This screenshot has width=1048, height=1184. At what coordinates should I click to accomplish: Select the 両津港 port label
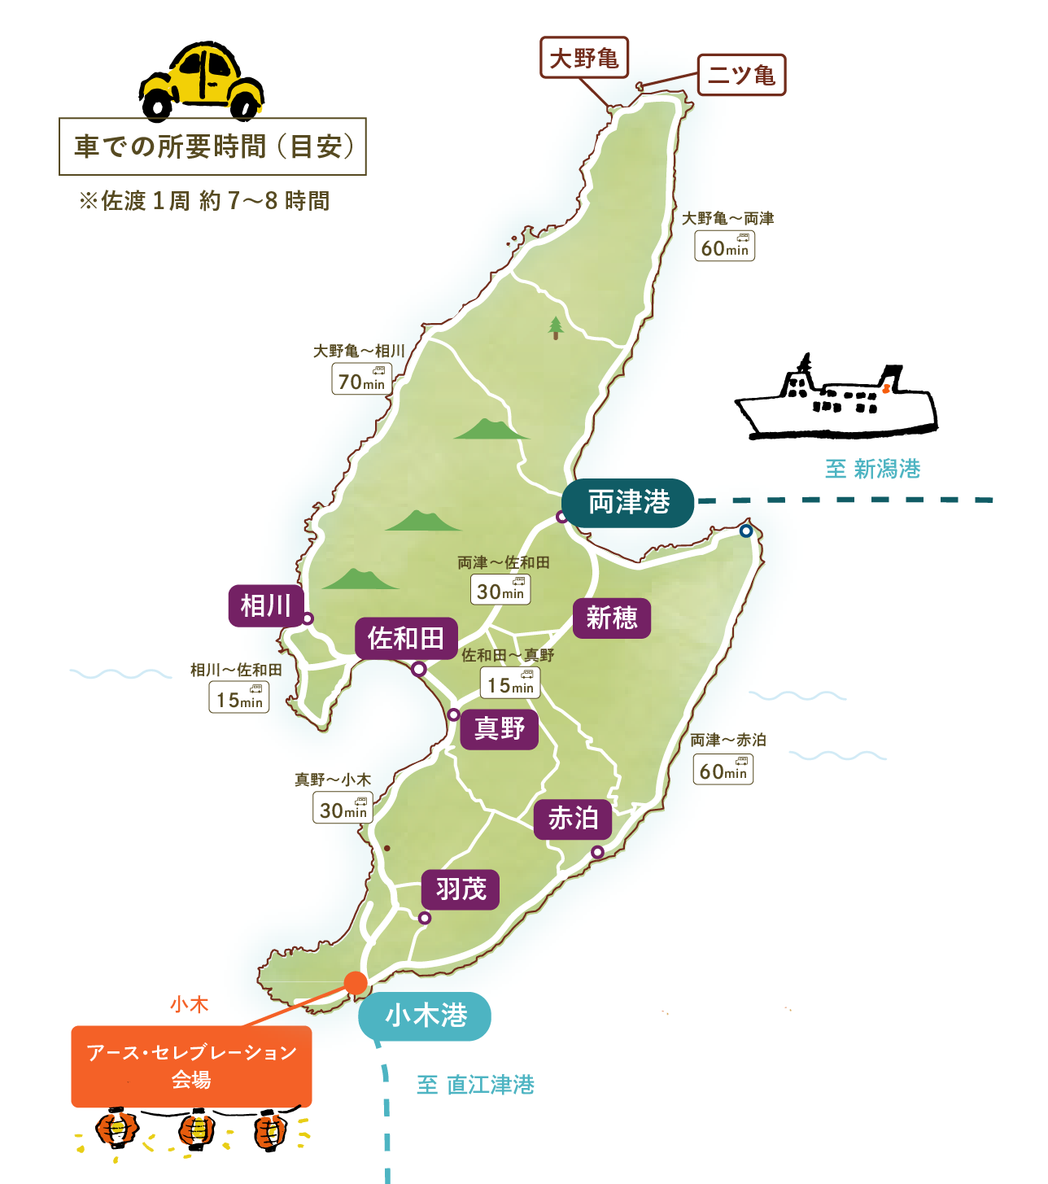click(628, 502)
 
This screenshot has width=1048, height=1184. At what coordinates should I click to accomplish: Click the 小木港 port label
click(426, 1016)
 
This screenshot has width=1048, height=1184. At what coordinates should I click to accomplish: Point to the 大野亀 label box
click(584, 58)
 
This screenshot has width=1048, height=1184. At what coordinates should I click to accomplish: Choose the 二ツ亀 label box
click(741, 75)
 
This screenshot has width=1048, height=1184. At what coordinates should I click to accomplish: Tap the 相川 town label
click(266, 605)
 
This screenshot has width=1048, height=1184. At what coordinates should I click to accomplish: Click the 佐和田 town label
click(406, 638)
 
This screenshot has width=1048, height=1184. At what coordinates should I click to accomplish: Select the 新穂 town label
click(612, 618)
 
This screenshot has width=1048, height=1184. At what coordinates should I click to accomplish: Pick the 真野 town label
click(500, 728)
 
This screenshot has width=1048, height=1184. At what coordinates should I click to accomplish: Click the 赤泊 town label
click(573, 819)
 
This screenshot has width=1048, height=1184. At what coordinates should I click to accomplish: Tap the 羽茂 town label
click(461, 889)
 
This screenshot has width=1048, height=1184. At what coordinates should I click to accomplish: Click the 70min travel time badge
click(361, 379)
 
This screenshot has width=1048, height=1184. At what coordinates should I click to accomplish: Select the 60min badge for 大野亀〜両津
click(725, 247)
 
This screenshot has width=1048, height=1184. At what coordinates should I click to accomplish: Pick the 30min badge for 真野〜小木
click(343, 808)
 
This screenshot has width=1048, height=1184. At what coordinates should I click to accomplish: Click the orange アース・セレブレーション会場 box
click(191, 1066)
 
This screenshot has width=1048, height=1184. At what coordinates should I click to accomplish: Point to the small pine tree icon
click(556, 328)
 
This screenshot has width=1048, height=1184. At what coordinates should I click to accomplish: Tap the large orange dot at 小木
click(356, 982)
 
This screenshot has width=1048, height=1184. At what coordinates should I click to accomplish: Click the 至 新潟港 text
click(872, 469)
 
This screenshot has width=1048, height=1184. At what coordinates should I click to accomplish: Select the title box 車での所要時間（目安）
click(213, 146)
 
